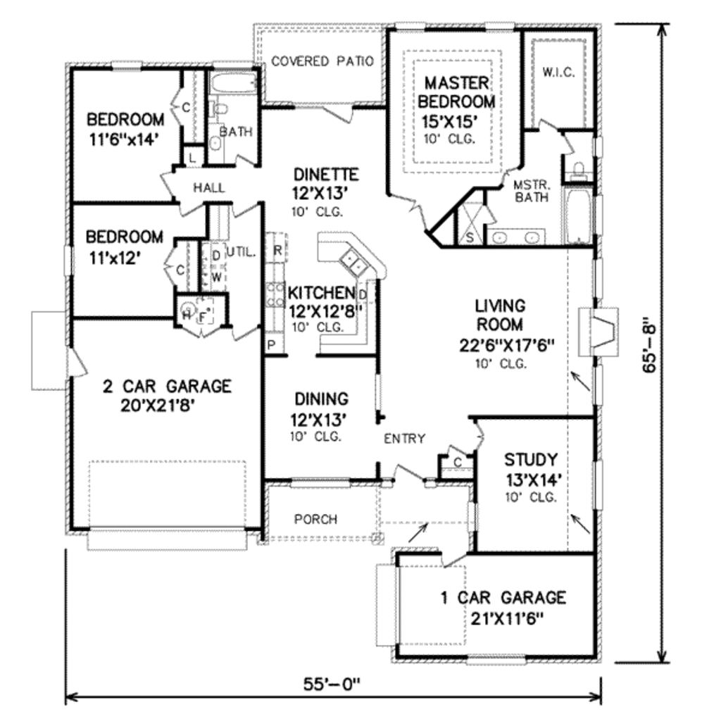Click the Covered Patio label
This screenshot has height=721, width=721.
(322, 61)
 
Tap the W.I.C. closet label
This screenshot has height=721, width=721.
(558, 73)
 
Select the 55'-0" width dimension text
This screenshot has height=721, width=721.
(332, 684)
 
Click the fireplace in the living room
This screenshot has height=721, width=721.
(598, 331)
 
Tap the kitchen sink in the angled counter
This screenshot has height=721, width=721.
(353, 262)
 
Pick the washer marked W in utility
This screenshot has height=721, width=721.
(216, 277)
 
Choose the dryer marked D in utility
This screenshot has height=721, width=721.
(216, 256)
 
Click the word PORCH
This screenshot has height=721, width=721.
(315, 519)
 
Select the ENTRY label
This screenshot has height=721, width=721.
(405, 439)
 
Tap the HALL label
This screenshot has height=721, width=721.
(208, 187)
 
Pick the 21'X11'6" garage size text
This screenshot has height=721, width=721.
(507, 619)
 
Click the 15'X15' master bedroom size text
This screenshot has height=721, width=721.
(449, 122)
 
